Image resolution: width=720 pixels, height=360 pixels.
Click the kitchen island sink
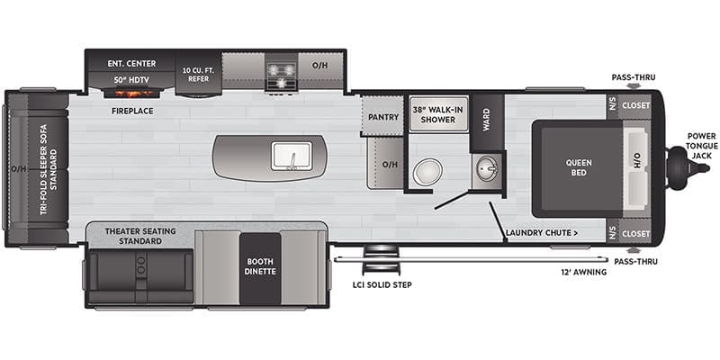point(290,156)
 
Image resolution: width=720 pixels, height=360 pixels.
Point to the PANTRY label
point(382,117)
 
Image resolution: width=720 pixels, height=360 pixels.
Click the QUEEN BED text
point(578,168)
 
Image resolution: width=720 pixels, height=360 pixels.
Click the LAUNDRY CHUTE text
point(541,234)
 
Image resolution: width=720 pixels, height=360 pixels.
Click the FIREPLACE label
point(132,111)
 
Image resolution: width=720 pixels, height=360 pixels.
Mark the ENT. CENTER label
point(132,63)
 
